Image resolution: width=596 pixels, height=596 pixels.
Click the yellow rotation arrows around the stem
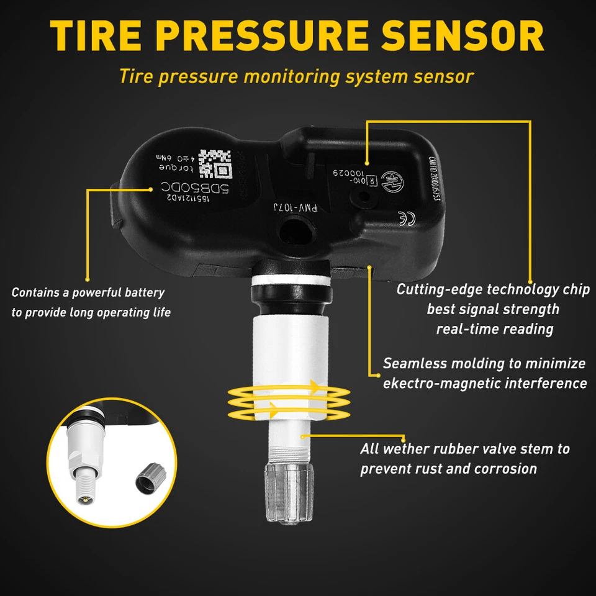288,402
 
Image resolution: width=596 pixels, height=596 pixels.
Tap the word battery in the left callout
143,292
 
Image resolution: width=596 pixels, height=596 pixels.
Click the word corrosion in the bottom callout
505,468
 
